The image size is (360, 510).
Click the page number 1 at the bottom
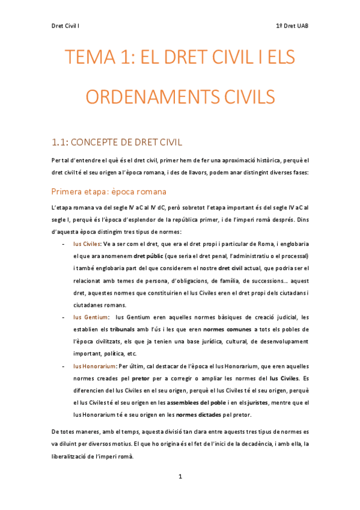(180, 476)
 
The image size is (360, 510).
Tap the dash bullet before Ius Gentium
(64, 317)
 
